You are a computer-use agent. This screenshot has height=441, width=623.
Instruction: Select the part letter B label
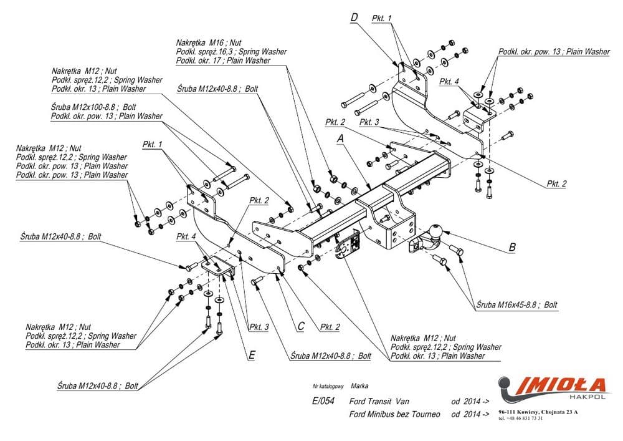(512, 248)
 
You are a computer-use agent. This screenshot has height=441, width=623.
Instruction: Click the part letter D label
(354, 17)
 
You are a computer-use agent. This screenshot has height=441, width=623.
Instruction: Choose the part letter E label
(251, 355)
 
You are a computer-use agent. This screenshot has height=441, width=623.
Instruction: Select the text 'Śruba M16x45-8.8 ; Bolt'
(516, 305)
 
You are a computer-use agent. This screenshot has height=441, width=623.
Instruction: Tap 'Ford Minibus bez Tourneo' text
(395, 414)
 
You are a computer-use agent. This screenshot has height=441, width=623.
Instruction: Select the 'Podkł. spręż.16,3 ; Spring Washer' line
(231, 52)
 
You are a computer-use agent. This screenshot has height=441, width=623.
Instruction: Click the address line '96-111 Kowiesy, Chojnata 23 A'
(538, 412)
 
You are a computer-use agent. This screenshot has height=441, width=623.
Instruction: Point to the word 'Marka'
(359, 386)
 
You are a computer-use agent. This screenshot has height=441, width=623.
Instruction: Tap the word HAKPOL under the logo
(582, 395)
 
